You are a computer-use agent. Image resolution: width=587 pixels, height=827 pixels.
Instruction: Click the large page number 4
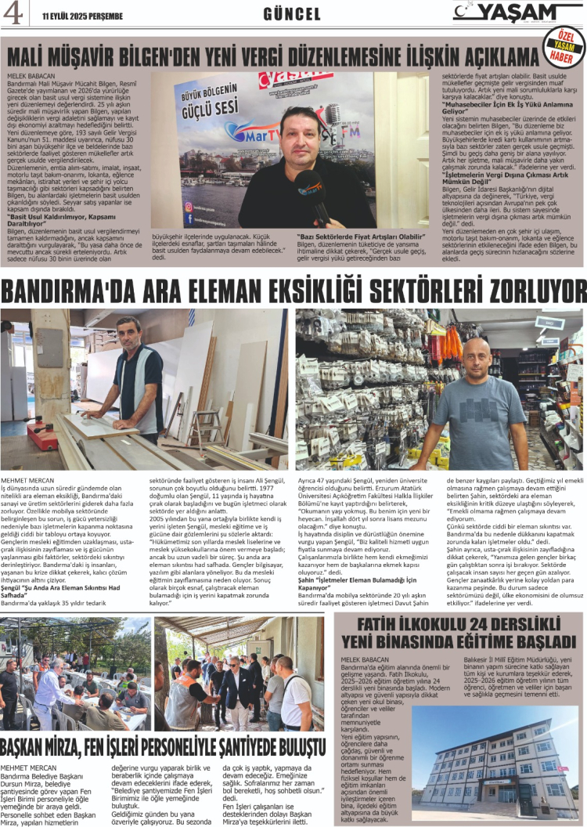[x=13, y=14]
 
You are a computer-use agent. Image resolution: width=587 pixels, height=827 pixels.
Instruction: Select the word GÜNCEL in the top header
[x=292, y=14]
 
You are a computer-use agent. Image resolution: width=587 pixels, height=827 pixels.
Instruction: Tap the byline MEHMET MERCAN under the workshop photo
[x=28, y=479]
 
